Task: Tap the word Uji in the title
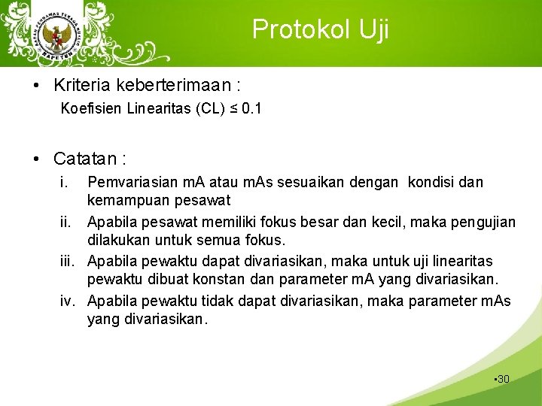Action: [x=373, y=29]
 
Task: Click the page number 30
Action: [x=503, y=379]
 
